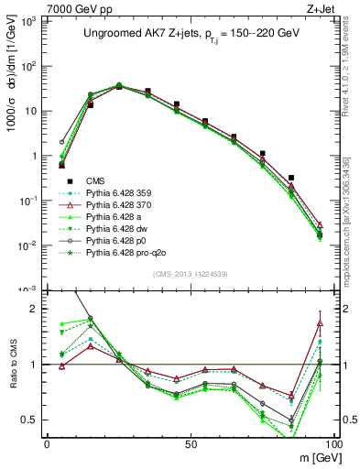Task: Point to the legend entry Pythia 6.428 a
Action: click(109, 215)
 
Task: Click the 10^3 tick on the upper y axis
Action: click(29, 20)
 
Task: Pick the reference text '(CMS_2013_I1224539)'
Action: click(191, 273)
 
